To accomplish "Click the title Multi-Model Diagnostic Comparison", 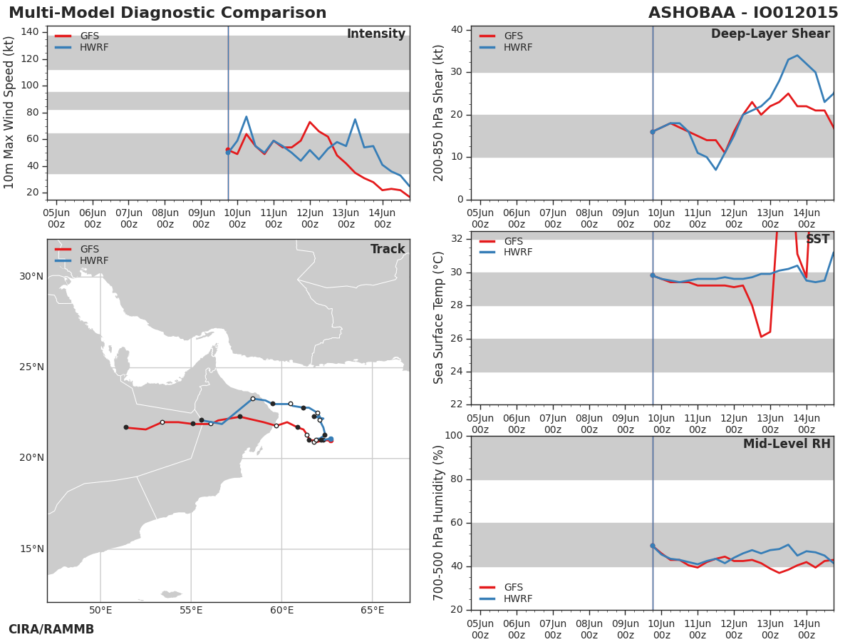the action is tap(167, 13).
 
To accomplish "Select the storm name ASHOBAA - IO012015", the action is tap(743, 13).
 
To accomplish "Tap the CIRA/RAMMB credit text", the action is tap(51, 629).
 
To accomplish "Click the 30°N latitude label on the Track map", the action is tap(31, 276).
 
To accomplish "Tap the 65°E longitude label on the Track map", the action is tap(372, 610).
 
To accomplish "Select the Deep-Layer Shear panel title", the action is tap(770, 34).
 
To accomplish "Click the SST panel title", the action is tap(818, 238).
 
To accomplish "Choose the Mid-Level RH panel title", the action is tap(787, 444).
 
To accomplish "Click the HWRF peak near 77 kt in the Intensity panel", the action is tap(247, 116).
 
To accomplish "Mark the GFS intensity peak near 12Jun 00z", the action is tap(310, 122).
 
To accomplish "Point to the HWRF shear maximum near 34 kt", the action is tap(797, 56).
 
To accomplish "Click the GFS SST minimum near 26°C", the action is tap(761, 337).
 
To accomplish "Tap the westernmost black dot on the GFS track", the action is tap(126, 427).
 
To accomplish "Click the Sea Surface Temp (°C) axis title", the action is tap(438, 317).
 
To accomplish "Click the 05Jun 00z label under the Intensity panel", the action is tap(56, 218).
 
